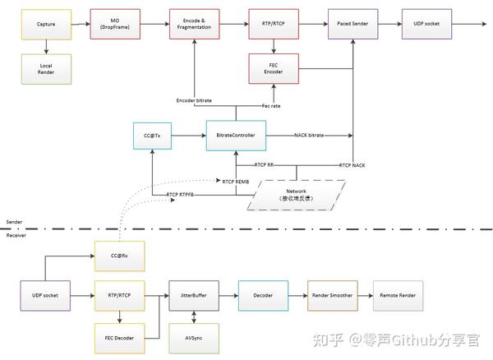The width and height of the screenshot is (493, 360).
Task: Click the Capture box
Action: point(46,24)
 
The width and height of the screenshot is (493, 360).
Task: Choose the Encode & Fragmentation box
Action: point(195,24)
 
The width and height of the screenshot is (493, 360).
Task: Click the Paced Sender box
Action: point(352,24)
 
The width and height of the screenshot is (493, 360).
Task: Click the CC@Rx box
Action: point(120,255)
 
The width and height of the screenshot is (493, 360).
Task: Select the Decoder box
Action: point(262,294)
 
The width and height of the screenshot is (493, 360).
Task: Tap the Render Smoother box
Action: point(333,294)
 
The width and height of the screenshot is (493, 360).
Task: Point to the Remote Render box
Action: point(399,294)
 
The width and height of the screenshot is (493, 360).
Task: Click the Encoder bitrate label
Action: point(195,100)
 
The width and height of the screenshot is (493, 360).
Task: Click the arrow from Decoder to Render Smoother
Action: point(297,294)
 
